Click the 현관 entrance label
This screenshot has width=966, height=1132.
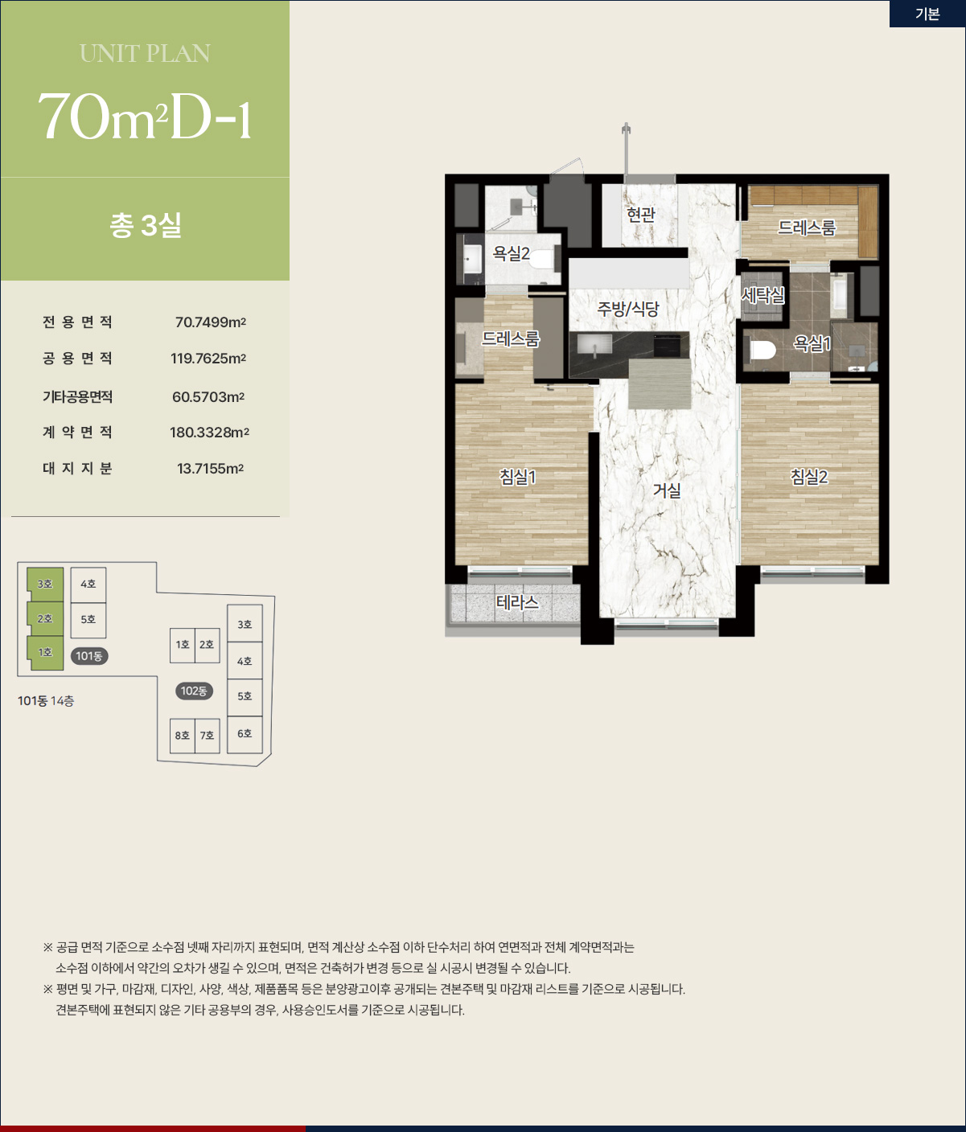[x=640, y=214]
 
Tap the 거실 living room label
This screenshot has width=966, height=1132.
[x=667, y=490]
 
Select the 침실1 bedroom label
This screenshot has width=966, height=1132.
[x=517, y=477]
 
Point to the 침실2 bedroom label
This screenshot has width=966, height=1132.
[x=808, y=477]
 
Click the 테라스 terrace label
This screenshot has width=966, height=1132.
[x=516, y=602]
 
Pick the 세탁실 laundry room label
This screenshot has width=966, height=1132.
[x=763, y=296]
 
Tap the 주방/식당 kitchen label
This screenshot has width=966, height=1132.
[x=628, y=309]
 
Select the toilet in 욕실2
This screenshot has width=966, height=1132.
[x=542, y=259]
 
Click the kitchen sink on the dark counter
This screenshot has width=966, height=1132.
[x=595, y=345]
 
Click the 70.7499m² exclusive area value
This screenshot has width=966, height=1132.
[x=211, y=322]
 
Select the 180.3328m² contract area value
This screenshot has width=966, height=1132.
[x=209, y=432]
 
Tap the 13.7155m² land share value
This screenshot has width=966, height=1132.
[x=211, y=468]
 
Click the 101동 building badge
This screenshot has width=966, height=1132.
[x=89, y=655]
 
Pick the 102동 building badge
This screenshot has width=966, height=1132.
[x=194, y=691]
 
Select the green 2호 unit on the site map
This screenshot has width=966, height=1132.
[x=45, y=619]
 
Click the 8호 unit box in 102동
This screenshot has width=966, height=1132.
[x=183, y=736]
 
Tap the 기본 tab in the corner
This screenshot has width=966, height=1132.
[x=927, y=14]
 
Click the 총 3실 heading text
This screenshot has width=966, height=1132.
[x=146, y=225]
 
